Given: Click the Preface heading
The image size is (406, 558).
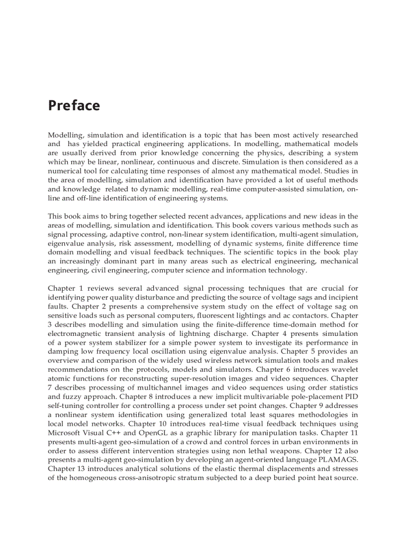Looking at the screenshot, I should pos(74,106).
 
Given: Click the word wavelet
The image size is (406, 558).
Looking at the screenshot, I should pos(345,369).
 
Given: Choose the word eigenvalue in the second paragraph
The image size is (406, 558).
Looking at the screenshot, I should pos(67,243).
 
